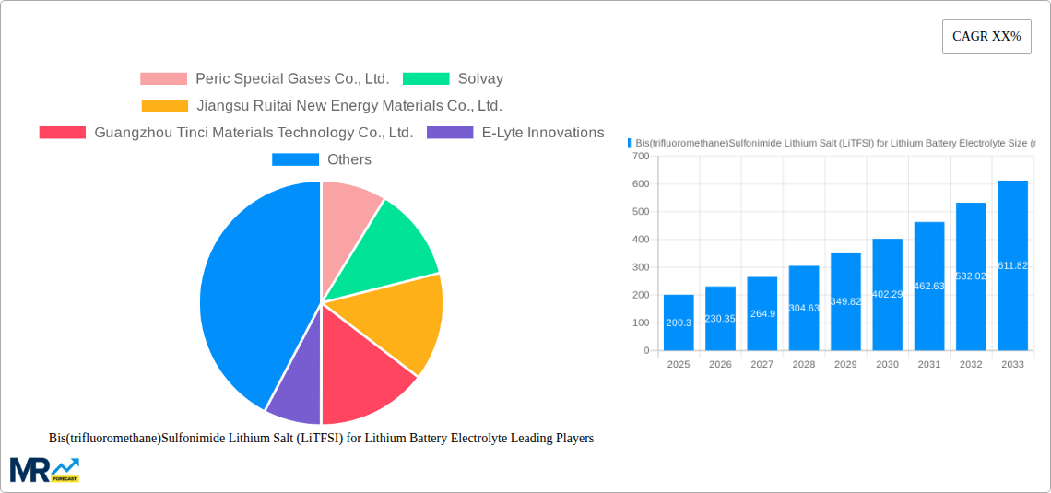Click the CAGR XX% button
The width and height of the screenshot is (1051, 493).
(x=986, y=37)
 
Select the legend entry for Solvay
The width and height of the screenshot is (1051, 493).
(x=479, y=79)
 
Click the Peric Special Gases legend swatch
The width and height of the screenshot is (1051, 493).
(x=163, y=79)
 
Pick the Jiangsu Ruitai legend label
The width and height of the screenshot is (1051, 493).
(x=349, y=106)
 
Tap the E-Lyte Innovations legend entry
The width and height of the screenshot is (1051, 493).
(x=542, y=133)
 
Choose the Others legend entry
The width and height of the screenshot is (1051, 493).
(x=348, y=159)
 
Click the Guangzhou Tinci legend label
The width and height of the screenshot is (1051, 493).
(x=254, y=133)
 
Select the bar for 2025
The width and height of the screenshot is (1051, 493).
(x=679, y=323)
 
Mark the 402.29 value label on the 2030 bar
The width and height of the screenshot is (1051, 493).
(x=887, y=294)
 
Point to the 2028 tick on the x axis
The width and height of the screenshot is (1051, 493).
(x=803, y=365)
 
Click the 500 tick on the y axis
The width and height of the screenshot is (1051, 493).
(x=640, y=212)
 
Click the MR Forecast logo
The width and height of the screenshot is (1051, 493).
(x=44, y=469)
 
